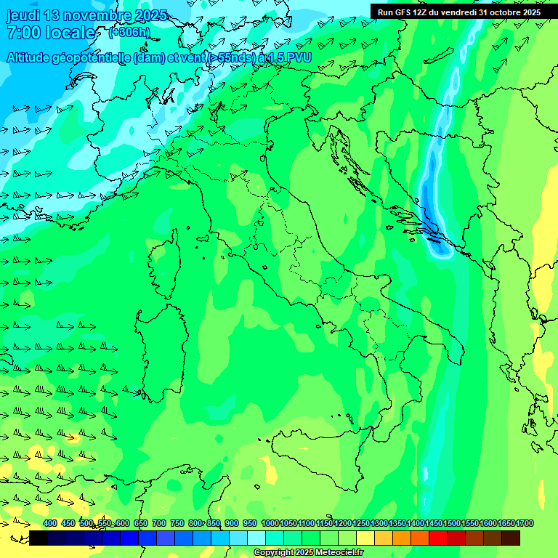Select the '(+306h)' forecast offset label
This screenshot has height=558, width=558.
(x=129, y=32)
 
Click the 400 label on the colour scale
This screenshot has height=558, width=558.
(x=50, y=523)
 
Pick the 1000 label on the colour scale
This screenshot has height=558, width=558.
(x=270, y=523)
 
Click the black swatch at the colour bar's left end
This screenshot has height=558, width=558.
(x=39, y=538)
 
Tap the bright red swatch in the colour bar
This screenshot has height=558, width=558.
(x=438, y=538)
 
